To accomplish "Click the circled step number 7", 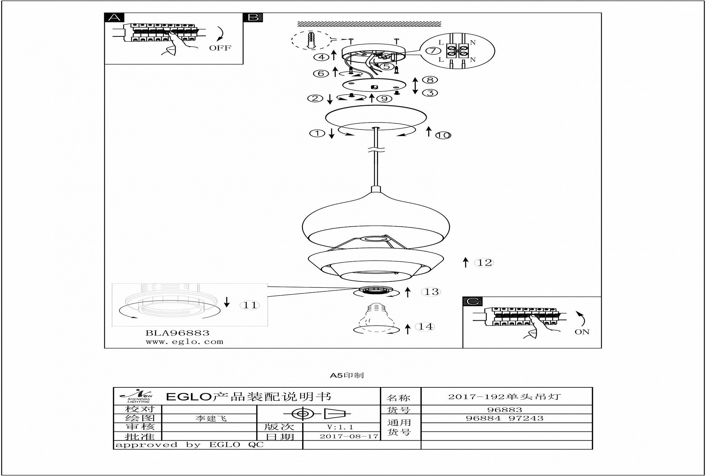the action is point(433,50).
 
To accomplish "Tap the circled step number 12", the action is point(485,263).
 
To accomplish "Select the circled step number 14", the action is point(426,327).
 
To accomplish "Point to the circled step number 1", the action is point(317,133).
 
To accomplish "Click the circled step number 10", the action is point(443,135).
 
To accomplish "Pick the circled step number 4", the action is point(321,57).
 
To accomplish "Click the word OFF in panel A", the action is point(220,48).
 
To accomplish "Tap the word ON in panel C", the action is point(582,332).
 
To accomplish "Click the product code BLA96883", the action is point(178,333).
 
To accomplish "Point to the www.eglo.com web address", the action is point(184,342).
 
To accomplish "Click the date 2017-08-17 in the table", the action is point(349,436).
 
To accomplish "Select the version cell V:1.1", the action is point(340,427).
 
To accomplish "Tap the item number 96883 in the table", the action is point(504,410).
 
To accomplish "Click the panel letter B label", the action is point(253,17).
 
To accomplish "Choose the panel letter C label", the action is point(473,301).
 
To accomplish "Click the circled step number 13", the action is point(431,292).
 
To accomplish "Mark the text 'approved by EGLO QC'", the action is point(190,445).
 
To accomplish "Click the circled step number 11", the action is point(250,305).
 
